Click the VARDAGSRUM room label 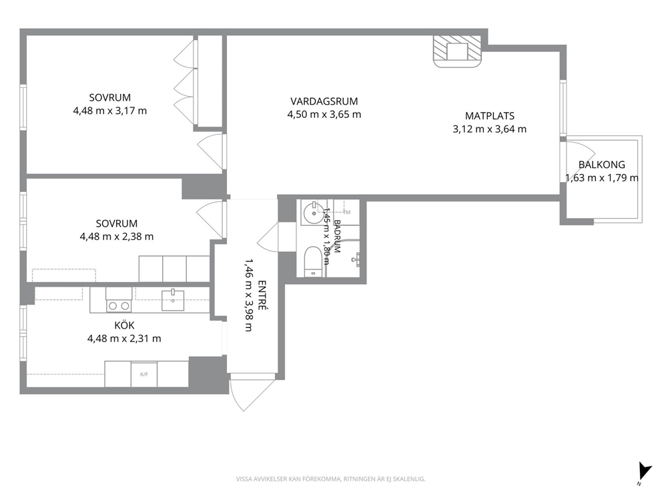324,101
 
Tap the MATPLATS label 490,115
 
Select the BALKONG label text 602,165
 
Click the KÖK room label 125,325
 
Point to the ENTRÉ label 262,295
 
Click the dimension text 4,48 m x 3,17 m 109,111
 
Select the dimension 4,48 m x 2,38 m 117,236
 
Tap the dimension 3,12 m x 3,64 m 490,129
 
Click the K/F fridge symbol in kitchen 144,374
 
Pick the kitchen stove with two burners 119,300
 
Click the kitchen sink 173,300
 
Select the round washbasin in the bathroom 313,213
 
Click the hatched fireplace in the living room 457,51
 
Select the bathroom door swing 268,237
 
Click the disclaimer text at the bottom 330,479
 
